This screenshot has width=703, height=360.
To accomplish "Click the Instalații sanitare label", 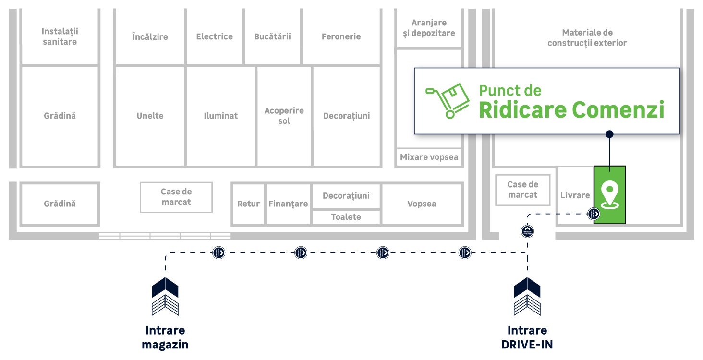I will tap(60, 36).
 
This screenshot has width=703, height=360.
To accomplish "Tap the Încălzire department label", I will tap(150, 36).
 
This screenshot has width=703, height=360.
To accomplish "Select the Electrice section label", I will tap(214, 36).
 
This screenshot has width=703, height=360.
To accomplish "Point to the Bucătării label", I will tap(272, 36).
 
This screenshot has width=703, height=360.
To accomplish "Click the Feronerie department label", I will tap(341, 36).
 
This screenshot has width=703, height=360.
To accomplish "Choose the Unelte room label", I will tap(150, 116).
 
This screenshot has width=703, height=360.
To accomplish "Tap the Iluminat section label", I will tap(220, 116).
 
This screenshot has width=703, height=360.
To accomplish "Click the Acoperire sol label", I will tap(284, 116).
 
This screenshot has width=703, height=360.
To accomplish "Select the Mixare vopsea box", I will tap(429, 157).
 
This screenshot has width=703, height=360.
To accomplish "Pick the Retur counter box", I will tap(248, 204).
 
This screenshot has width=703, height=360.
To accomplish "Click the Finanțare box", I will tap(288, 204).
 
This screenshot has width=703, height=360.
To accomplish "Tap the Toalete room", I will tap(346, 217).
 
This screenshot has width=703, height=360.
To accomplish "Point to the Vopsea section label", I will tap(422, 204).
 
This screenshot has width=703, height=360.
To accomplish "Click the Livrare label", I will tap(575, 195).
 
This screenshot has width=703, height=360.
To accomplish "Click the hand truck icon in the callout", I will tap(448, 101).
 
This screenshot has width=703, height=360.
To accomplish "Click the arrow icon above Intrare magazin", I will tap(165, 296).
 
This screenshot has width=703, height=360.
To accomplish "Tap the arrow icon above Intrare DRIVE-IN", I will tap(527, 296).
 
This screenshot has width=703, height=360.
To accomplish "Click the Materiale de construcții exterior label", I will tap(587, 37).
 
